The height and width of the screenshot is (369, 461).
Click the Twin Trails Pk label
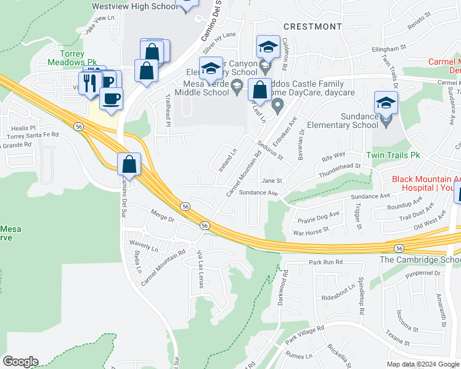(x=392, y=156)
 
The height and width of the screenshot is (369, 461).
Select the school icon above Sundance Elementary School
(x=386, y=103)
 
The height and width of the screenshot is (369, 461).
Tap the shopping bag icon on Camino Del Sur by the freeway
(x=129, y=164)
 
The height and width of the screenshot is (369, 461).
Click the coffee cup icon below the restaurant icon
(x=111, y=99)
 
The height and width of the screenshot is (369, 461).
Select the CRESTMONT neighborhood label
(x=312, y=26)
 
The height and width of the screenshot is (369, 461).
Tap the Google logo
(x=20, y=362)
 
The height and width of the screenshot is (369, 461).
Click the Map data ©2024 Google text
(x=422, y=364)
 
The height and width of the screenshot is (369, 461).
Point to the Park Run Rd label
(x=325, y=262)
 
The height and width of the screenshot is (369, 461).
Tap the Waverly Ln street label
(x=144, y=244)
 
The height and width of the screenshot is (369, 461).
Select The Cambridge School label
(x=420, y=260)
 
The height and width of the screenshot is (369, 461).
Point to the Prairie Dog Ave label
(x=319, y=216)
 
